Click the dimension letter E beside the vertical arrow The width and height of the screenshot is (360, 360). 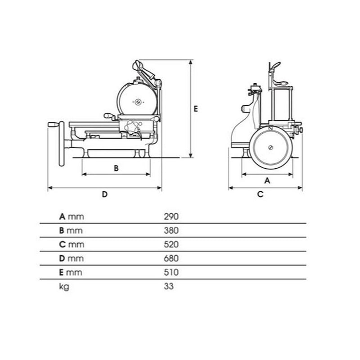pyautogui.click(x=196, y=108)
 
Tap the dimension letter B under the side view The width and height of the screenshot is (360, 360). pyautogui.click(x=116, y=168)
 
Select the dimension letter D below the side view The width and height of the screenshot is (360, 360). pyautogui.click(x=105, y=194)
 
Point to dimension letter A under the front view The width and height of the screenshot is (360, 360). pyautogui.click(x=267, y=181)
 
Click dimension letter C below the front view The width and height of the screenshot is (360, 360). pyautogui.click(x=260, y=194)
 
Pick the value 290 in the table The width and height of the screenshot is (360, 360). pyautogui.click(x=171, y=216)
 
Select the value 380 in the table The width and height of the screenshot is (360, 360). pyautogui.click(x=171, y=230)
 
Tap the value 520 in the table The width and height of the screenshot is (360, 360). pyautogui.click(x=171, y=244)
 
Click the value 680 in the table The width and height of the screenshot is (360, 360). pyautogui.click(x=171, y=258)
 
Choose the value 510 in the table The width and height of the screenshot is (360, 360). pyautogui.click(x=171, y=272)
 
